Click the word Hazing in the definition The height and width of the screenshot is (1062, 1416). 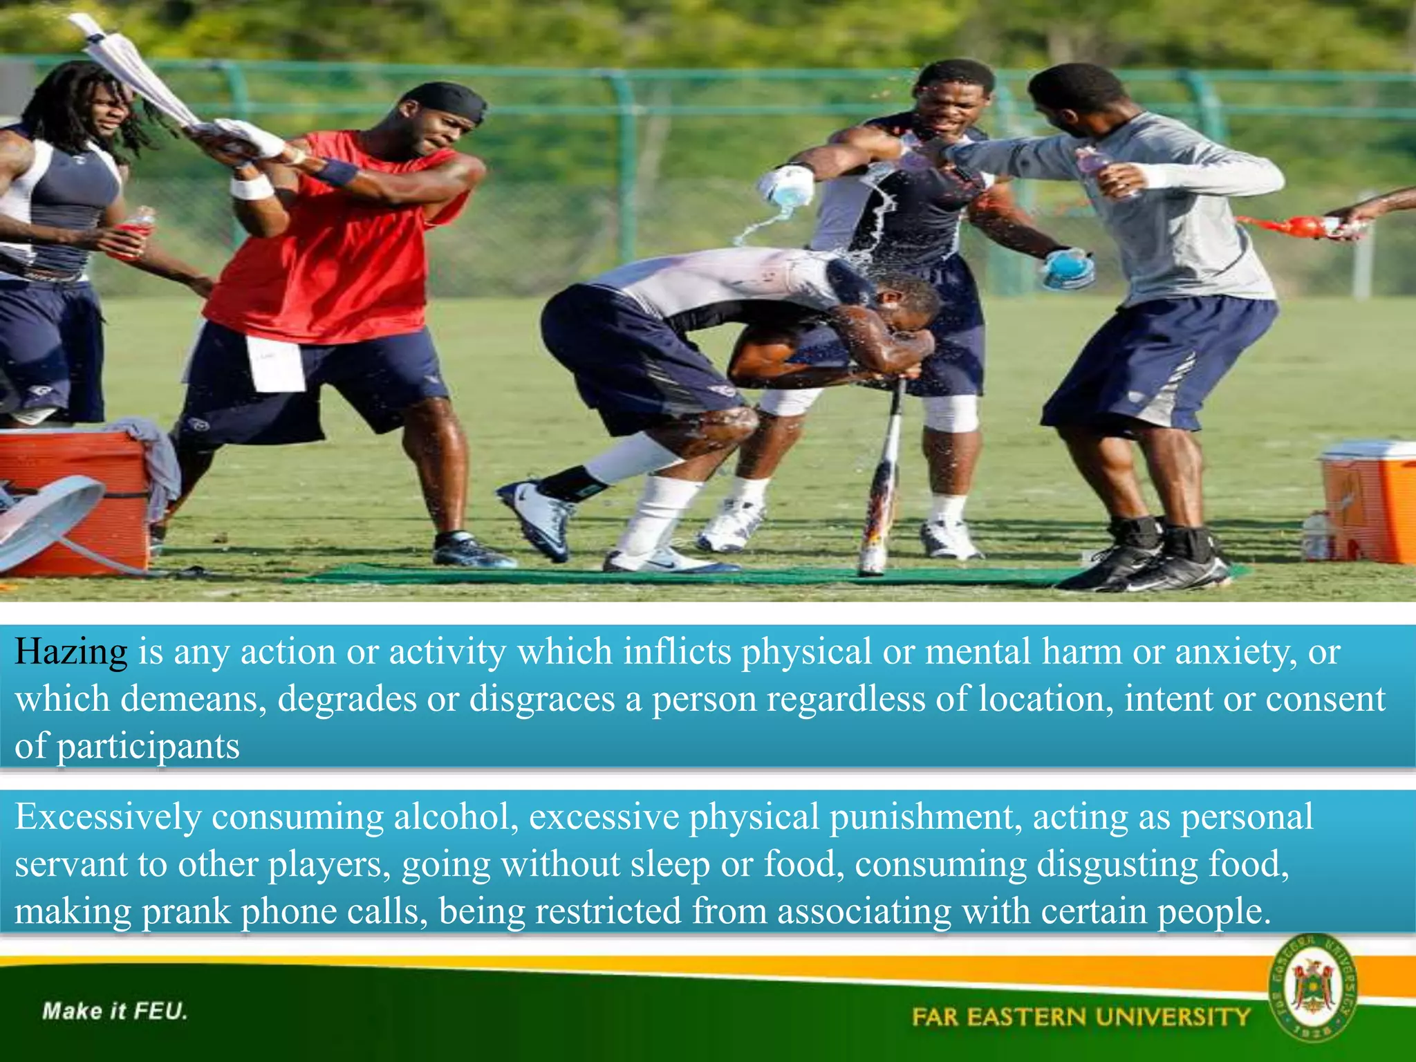point(71,652)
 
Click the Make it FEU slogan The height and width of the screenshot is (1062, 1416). point(115,1012)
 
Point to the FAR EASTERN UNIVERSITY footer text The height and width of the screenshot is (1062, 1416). point(1081,1017)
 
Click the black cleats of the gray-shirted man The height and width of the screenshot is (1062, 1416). point(1148,563)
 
